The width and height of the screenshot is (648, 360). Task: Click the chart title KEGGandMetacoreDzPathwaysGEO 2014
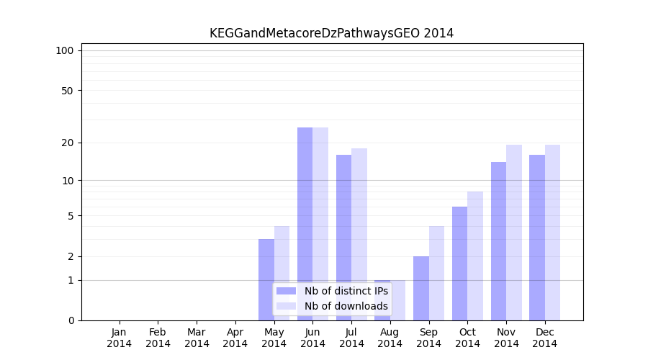click(x=331, y=33)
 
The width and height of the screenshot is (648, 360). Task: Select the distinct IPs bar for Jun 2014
click(x=305, y=223)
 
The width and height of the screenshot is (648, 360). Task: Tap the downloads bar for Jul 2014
click(x=359, y=234)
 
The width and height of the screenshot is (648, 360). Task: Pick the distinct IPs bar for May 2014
click(x=266, y=279)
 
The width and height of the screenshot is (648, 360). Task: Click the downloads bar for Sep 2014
click(x=436, y=273)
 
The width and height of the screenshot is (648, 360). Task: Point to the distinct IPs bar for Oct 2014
click(x=459, y=264)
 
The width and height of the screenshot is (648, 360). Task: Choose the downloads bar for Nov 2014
click(x=514, y=232)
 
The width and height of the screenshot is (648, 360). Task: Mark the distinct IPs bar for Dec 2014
click(x=537, y=238)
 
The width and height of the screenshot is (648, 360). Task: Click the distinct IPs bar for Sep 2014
click(x=421, y=288)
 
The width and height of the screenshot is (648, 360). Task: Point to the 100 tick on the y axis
click(x=65, y=50)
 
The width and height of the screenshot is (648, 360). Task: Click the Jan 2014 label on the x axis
click(x=120, y=338)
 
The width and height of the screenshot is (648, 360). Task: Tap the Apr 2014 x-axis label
click(x=235, y=338)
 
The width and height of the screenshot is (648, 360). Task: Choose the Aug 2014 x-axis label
click(x=390, y=338)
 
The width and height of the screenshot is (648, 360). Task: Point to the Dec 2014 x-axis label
click(x=545, y=338)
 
